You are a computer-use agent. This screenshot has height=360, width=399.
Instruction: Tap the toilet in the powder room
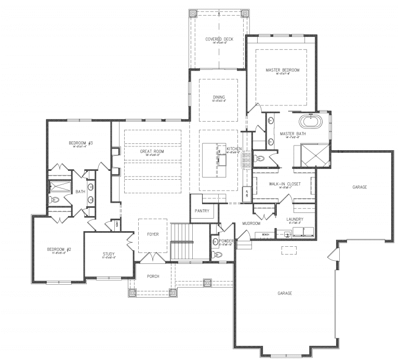point(217,254)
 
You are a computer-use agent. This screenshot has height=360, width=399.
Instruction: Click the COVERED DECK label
point(219,39)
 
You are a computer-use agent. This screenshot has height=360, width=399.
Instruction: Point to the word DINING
point(219,97)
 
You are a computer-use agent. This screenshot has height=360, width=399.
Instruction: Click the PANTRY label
point(202,211)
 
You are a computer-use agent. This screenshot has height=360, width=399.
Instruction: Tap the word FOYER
point(153,234)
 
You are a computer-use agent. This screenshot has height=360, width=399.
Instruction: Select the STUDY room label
point(109,254)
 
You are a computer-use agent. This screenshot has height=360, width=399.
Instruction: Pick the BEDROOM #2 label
point(59,249)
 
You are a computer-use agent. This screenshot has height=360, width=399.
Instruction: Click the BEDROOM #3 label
point(81,143)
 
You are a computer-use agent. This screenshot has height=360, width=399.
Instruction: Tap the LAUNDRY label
point(295,219)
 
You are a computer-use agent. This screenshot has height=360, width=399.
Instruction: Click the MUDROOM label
point(251,223)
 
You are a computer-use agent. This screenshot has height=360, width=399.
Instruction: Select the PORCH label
point(153,276)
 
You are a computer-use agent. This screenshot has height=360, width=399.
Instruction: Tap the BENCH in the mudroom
point(265,235)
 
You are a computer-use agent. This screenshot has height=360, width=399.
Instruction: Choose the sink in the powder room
point(215,242)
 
